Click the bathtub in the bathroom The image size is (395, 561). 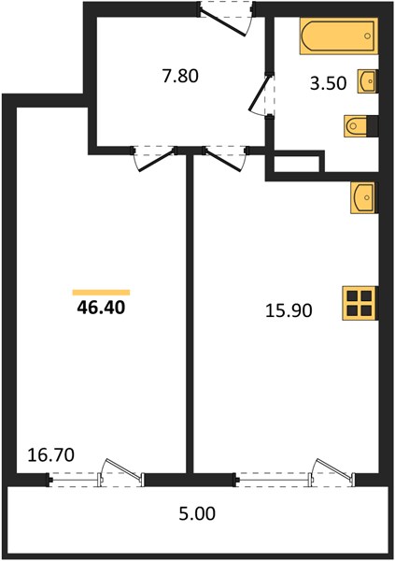[339, 36]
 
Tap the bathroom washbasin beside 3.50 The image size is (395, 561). [367, 81]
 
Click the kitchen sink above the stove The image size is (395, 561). [363, 198]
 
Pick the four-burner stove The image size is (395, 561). [360, 303]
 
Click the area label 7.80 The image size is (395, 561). [180, 77]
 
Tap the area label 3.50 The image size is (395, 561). [329, 83]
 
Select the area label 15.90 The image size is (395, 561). [289, 310]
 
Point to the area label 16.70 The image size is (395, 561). [50, 455]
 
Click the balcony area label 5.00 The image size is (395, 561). [197, 513]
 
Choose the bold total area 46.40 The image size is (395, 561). [101, 308]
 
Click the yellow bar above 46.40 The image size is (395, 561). [101, 293]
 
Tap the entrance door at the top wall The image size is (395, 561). [226, 18]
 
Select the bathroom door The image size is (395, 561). [261, 94]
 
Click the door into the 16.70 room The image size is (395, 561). [154, 159]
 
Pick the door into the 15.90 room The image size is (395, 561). [225, 159]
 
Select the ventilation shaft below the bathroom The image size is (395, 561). [296, 164]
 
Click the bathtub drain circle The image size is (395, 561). [368, 36]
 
